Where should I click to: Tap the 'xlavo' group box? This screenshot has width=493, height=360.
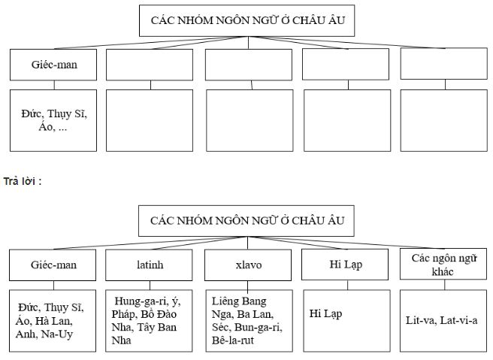coord(247,265)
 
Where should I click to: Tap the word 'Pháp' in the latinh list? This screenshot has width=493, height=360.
coord(119,314)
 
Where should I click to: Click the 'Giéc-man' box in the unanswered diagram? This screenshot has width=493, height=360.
coord(54,65)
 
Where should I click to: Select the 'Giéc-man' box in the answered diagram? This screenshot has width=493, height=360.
coord(54,265)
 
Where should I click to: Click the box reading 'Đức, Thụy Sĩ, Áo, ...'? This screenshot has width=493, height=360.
coord(54,120)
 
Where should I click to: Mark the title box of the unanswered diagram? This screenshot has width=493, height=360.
coord(247,21)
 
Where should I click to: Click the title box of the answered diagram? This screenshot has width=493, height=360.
coord(247,221)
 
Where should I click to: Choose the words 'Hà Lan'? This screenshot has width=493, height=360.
coord(65,321)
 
